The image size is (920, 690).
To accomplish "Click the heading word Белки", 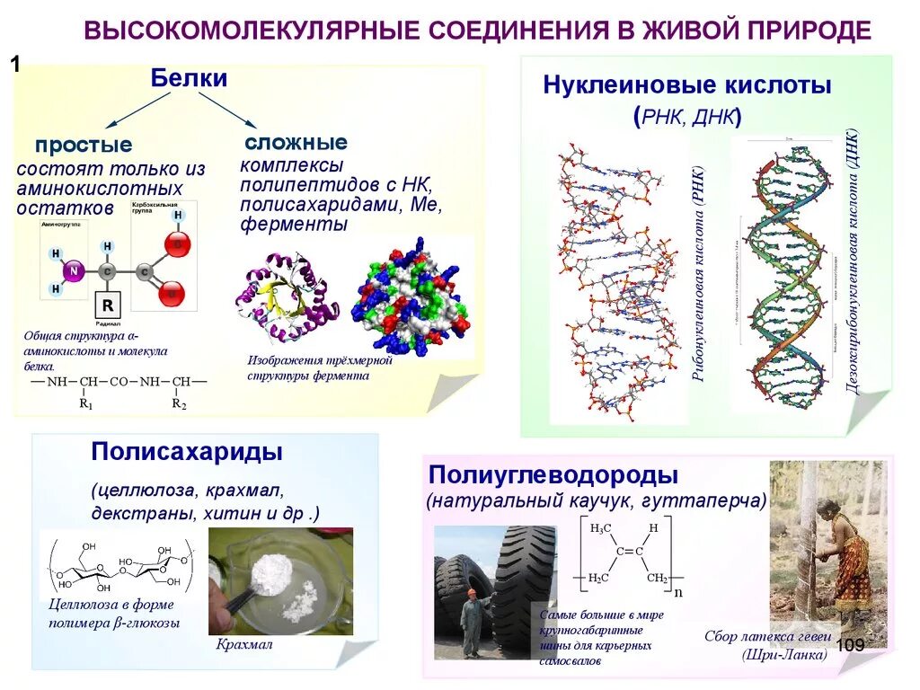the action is [189, 79].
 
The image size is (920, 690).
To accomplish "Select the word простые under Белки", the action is [84, 145].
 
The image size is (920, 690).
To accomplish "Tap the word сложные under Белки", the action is [296, 142].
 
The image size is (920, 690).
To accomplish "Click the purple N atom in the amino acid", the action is [75, 270].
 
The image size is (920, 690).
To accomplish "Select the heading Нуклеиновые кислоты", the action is [686, 86].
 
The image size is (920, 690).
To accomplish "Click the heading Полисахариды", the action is [187, 451].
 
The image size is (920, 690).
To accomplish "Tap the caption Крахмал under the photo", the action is [243, 644].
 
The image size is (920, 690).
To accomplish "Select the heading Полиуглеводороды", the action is [553, 474].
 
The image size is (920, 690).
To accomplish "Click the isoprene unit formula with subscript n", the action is [629, 555].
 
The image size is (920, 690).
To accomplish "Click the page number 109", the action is [850, 645].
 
